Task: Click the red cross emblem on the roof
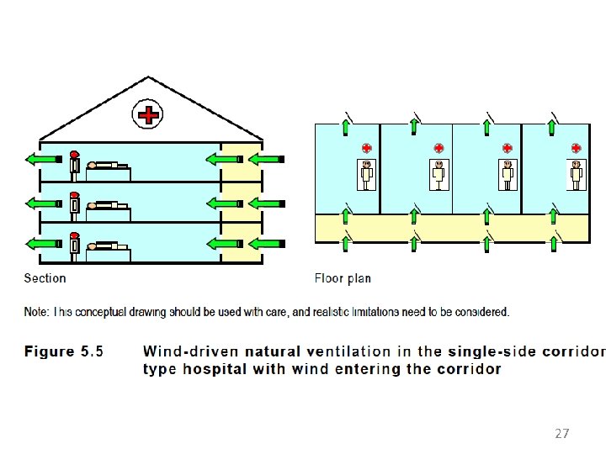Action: click(147, 114)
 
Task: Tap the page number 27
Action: click(562, 434)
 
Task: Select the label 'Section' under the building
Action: click(45, 278)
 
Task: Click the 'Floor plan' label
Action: click(343, 278)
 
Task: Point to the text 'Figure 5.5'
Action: click(64, 351)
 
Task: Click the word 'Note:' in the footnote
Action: click(37, 312)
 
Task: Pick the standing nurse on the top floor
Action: click(75, 166)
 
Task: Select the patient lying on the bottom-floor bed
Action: click(108, 245)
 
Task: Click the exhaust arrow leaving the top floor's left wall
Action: click(44, 159)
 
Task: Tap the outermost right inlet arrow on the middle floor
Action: click(267, 203)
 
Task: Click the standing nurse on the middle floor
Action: click(75, 207)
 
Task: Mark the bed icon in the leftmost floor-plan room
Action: click(366, 175)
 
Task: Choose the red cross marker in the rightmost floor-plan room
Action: click(576, 148)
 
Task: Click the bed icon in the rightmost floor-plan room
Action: click(577, 175)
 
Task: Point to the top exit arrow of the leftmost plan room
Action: click(346, 128)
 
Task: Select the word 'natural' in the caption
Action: click(273, 351)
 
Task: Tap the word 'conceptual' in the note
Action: click(100, 312)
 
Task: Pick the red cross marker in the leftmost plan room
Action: click(366, 148)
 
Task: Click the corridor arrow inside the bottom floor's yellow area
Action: click(225, 244)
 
